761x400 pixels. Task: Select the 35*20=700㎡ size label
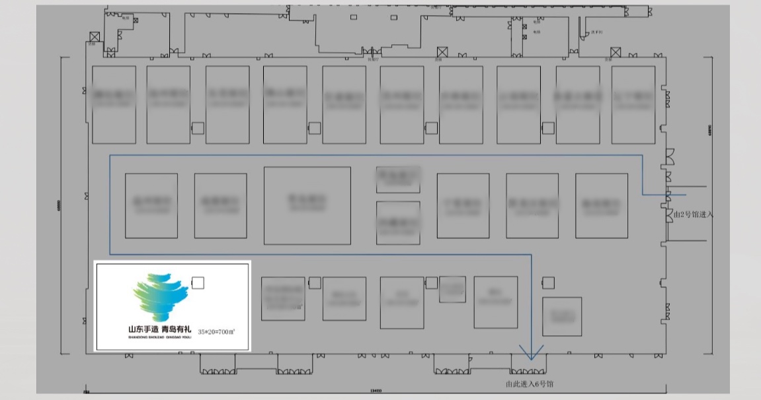(217, 331)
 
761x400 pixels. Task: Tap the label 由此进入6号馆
(530, 383)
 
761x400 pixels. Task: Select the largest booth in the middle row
(307, 205)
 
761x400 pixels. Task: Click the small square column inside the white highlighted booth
(197, 283)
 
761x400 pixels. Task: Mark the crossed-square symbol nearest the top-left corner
(95, 37)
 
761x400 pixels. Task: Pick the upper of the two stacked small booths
(398, 179)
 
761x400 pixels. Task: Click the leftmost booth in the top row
(114, 104)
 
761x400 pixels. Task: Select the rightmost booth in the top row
(633, 104)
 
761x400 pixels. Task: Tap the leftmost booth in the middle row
(151, 205)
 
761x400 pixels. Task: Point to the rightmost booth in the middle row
(601, 205)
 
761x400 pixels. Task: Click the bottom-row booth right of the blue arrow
(562, 317)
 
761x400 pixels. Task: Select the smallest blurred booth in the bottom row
(452, 288)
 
